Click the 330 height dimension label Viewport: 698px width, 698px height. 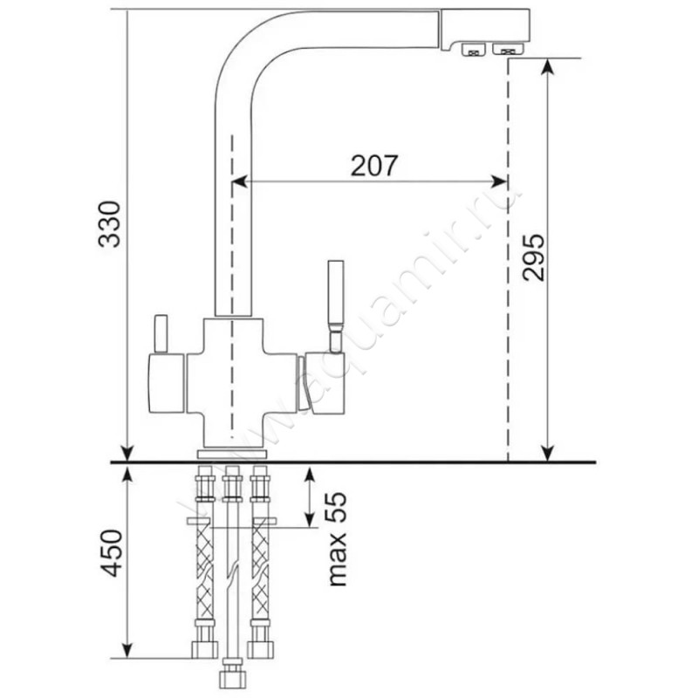coord(110,224)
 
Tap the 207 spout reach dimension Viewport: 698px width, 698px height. coord(374,165)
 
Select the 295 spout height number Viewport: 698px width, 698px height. coord(533,257)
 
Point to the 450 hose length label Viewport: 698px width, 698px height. coord(110,553)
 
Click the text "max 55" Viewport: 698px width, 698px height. coord(337,538)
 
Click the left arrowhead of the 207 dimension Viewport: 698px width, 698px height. coord(239,181)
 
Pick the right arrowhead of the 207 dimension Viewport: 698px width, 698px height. coord(499,181)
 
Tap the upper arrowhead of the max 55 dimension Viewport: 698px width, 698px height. coord(310,474)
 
